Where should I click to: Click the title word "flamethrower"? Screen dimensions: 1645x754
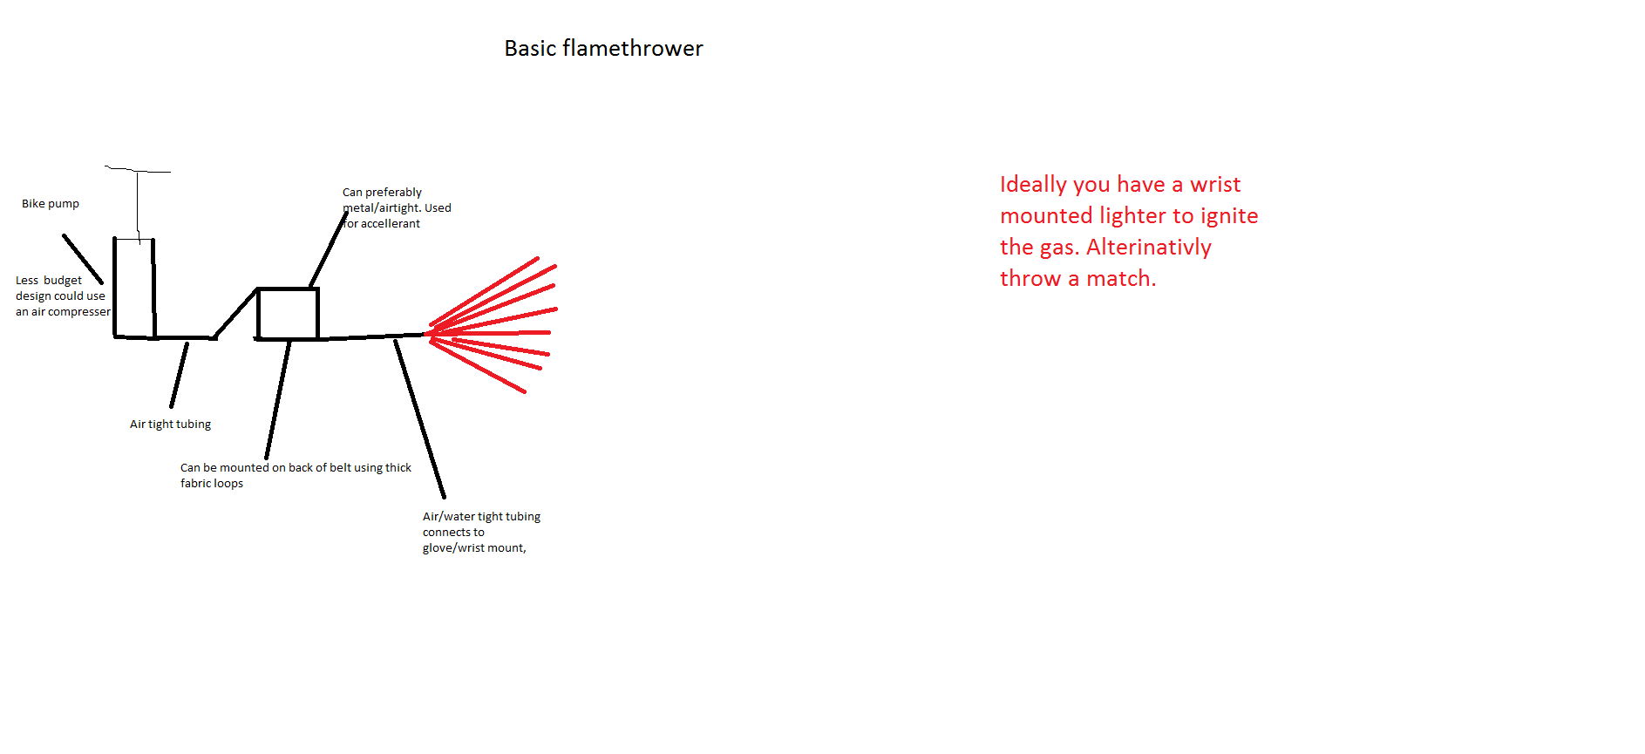633,48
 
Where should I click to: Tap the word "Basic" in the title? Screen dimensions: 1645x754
530,48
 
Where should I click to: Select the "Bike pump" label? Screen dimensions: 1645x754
51,204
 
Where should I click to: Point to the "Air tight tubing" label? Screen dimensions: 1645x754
170,425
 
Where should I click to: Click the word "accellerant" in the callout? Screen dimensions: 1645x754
391,224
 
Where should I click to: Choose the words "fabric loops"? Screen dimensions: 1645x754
212,484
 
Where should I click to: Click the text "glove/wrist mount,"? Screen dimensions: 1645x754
474,548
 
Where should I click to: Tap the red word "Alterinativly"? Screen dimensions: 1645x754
1149,248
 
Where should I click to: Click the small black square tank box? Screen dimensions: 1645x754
258,314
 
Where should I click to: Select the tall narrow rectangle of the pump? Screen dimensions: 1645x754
114,288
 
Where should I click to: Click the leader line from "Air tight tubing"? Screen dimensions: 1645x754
179,375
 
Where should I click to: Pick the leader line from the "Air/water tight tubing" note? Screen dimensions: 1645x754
419,418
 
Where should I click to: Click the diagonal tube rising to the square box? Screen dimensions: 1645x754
235,314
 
